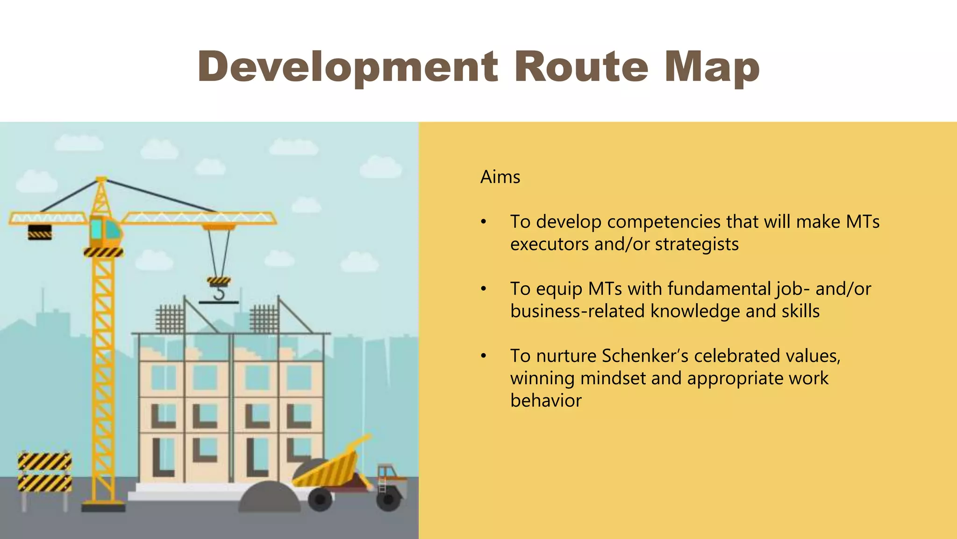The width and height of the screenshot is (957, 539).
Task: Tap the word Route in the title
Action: (x=581, y=67)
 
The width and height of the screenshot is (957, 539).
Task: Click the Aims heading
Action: (x=500, y=177)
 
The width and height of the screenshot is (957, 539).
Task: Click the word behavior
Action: (x=546, y=401)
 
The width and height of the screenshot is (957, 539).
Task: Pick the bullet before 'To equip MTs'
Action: (x=484, y=289)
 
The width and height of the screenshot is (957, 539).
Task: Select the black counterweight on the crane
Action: (x=40, y=232)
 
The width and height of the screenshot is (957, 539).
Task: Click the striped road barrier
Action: (x=45, y=472)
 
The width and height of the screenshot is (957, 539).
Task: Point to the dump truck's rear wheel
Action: (x=320, y=499)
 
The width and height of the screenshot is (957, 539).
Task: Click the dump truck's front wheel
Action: (x=388, y=500)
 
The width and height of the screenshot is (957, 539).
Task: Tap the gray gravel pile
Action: (x=269, y=498)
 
